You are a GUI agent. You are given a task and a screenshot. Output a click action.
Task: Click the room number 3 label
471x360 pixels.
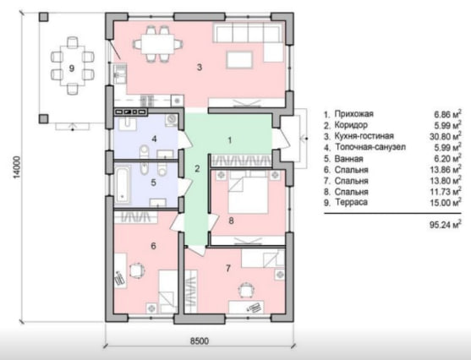(x=200, y=68)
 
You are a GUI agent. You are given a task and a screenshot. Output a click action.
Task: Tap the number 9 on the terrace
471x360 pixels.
(x=72, y=68)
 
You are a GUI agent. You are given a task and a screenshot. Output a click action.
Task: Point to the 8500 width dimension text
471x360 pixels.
(x=200, y=341)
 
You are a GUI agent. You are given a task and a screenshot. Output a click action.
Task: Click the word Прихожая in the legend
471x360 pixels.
(x=353, y=114)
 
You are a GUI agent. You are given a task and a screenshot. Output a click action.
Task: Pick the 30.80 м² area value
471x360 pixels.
(x=446, y=136)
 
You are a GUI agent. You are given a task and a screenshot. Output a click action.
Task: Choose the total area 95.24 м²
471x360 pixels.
(x=446, y=225)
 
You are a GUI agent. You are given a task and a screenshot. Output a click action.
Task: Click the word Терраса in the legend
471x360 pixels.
(x=351, y=202)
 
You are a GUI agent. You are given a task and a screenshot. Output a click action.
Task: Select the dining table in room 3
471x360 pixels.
(x=158, y=44)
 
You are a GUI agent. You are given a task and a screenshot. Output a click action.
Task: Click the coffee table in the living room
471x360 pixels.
(x=239, y=60)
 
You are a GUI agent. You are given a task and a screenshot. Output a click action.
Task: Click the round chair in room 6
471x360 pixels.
(x=137, y=270)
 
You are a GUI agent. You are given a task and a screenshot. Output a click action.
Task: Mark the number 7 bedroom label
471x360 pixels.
(x=228, y=268)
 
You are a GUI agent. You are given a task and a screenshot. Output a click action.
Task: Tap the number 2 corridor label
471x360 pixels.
(x=197, y=169)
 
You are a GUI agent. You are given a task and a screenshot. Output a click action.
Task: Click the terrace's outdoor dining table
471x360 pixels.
(x=73, y=65)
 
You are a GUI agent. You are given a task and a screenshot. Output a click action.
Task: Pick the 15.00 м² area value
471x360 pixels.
(x=446, y=203)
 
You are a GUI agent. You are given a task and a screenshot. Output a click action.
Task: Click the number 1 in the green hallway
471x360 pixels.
(x=230, y=140)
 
